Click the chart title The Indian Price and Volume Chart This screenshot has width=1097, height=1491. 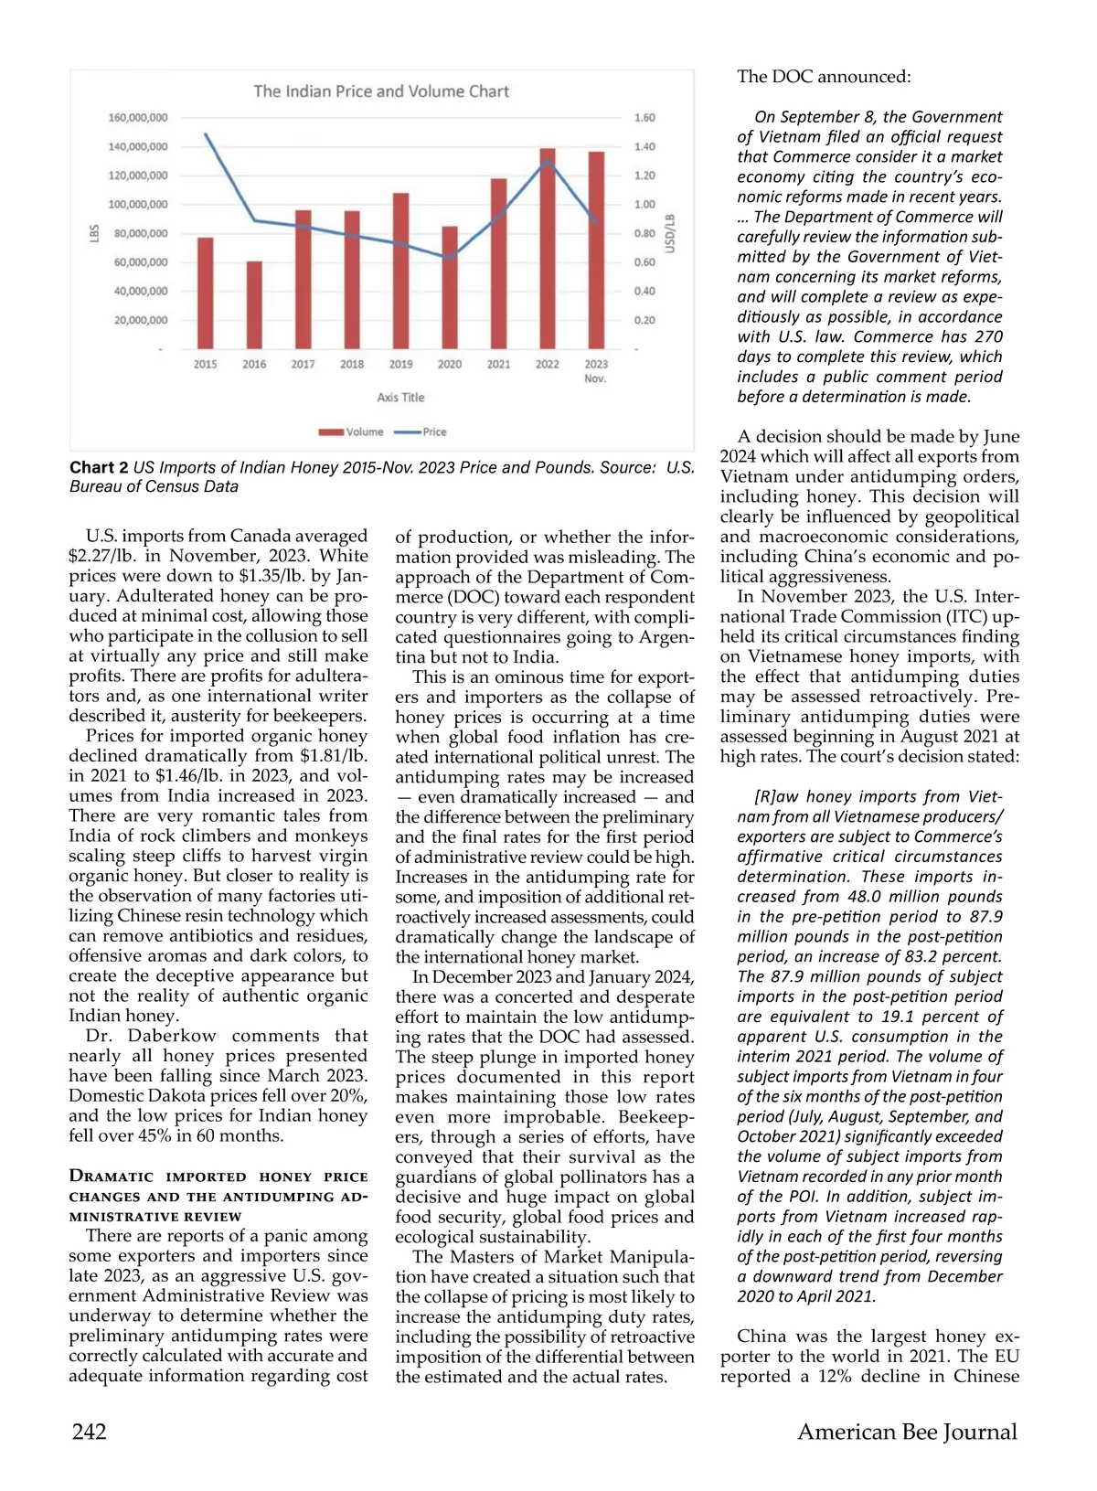(x=381, y=91)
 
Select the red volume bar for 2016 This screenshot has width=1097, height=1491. (x=254, y=305)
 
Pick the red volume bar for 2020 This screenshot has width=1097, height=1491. (x=450, y=287)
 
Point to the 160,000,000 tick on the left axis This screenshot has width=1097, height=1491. (x=138, y=118)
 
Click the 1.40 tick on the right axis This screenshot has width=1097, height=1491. (x=644, y=146)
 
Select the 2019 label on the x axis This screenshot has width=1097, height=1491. (x=400, y=364)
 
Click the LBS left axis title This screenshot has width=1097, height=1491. (x=93, y=233)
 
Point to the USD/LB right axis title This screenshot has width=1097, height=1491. (x=670, y=233)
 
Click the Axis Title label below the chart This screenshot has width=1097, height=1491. (x=400, y=398)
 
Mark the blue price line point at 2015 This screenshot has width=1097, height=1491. (x=206, y=134)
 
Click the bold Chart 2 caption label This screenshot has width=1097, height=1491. (x=99, y=467)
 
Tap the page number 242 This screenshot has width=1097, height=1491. (x=90, y=1432)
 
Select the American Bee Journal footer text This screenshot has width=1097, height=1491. (x=907, y=1432)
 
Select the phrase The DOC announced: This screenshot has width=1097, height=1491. (x=824, y=77)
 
